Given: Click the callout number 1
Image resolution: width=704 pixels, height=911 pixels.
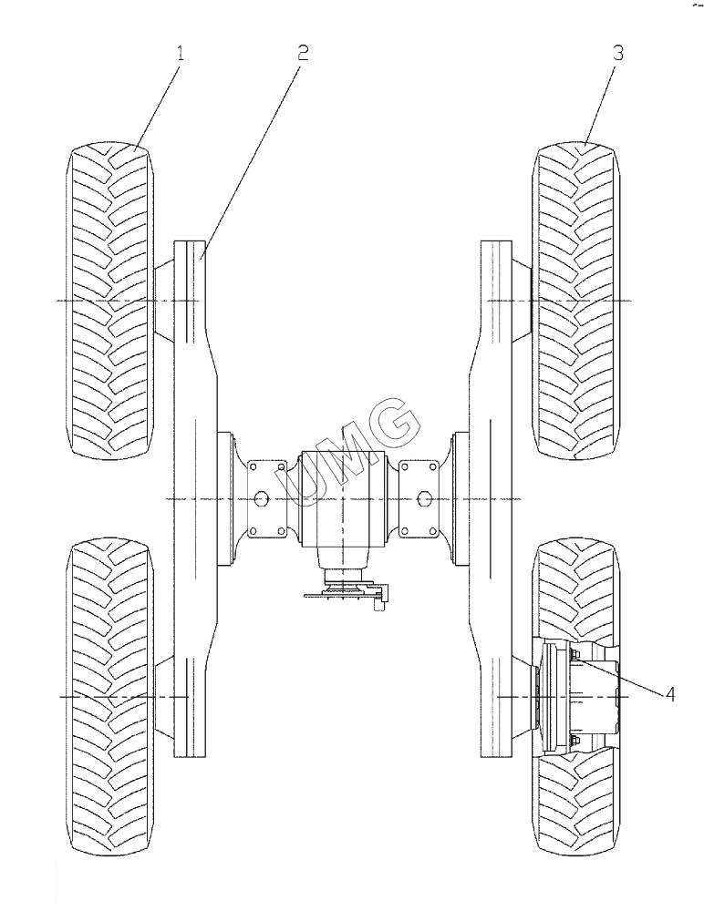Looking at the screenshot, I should (180, 53).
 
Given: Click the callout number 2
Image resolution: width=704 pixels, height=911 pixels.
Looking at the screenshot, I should (303, 52).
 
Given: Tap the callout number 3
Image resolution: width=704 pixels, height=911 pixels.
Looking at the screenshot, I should (617, 52).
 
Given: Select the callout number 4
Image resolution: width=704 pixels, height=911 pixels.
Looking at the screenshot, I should (670, 694).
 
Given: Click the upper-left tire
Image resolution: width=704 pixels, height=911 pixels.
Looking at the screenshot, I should (110, 301).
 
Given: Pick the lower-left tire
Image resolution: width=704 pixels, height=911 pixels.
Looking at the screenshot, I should (110, 697).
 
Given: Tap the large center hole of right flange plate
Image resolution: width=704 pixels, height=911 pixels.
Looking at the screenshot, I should (423, 498).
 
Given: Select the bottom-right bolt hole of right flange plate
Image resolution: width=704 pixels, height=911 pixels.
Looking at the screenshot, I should (431, 529).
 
